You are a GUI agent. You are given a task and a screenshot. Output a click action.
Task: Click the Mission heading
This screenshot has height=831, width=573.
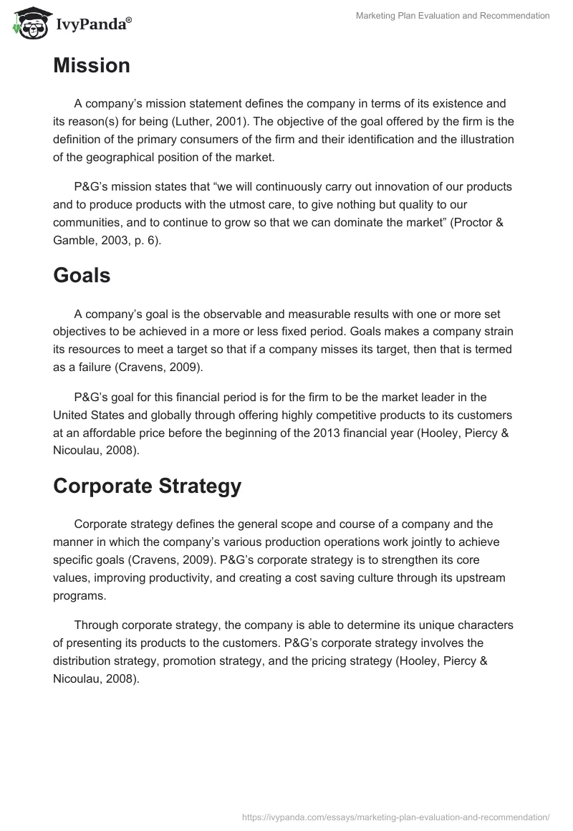[x=92, y=66]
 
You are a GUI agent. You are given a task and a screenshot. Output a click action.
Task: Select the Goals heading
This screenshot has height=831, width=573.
[x=82, y=275]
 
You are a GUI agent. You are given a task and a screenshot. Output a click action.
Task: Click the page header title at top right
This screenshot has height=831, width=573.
[x=453, y=16]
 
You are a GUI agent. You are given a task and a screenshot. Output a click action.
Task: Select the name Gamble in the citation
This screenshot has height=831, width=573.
[x=75, y=240]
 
